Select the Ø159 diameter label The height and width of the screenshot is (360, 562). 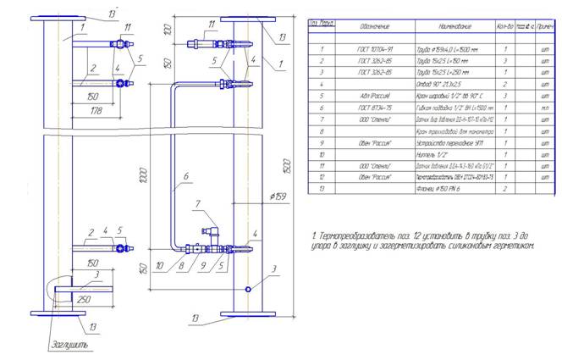coord(278,197)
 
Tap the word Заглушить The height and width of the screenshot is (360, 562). coord(67,346)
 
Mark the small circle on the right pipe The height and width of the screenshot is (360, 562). coord(246,290)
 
